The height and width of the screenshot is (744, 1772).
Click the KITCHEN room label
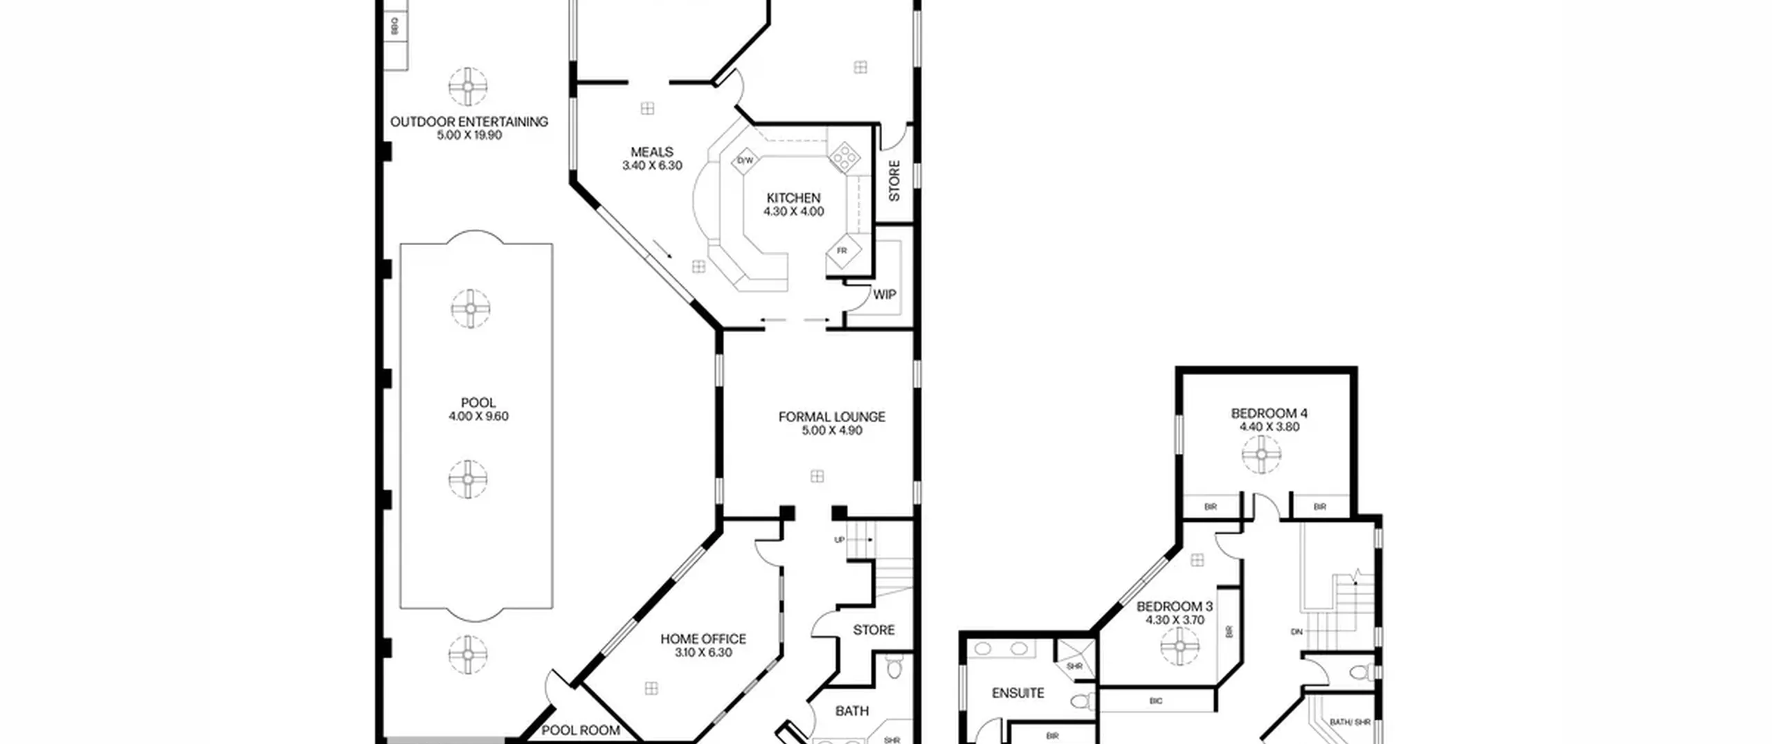click(x=793, y=198)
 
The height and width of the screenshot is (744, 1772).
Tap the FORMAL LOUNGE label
click(x=831, y=417)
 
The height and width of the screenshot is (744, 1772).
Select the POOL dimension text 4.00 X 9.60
click(x=478, y=416)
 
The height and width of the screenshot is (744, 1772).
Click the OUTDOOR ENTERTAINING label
click(x=469, y=122)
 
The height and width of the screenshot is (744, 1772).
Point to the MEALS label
click(x=651, y=152)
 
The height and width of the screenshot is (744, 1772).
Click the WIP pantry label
click(x=884, y=295)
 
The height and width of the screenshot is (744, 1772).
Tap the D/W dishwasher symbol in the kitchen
click(x=745, y=161)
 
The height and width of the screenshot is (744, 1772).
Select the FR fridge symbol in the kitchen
click(x=842, y=251)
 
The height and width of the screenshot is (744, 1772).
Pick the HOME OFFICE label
click(x=703, y=639)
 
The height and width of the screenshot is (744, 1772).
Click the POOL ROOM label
click(x=580, y=730)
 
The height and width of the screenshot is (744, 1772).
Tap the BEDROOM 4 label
click(x=1269, y=413)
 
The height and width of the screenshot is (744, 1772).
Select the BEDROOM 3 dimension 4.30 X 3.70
click(x=1175, y=620)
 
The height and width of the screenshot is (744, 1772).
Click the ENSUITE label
click(x=1018, y=693)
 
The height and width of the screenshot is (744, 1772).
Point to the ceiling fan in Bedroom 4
click(x=1261, y=455)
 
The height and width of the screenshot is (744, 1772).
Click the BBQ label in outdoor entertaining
click(x=395, y=27)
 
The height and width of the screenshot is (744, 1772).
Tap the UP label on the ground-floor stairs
click(x=839, y=540)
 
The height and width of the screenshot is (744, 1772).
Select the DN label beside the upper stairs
click(x=1296, y=632)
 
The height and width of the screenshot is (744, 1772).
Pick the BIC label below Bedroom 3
click(x=1155, y=701)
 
